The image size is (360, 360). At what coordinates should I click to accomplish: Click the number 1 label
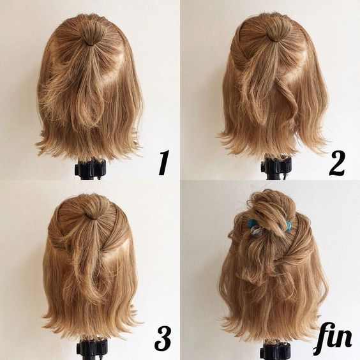[x=164, y=162]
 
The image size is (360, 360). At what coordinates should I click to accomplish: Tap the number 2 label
[x=337, y=163]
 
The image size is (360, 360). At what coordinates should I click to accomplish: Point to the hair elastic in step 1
[x=93, y=43]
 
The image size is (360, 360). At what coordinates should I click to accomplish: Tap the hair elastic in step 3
[x=92, y=216]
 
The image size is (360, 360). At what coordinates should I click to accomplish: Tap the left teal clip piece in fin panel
[x=252, y=223]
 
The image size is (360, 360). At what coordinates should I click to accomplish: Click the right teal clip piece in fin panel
[x=287, y=223]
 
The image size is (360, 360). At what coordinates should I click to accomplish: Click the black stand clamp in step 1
[x=90, y=169]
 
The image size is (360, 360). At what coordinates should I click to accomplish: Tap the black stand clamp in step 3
[x=92, y=349]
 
